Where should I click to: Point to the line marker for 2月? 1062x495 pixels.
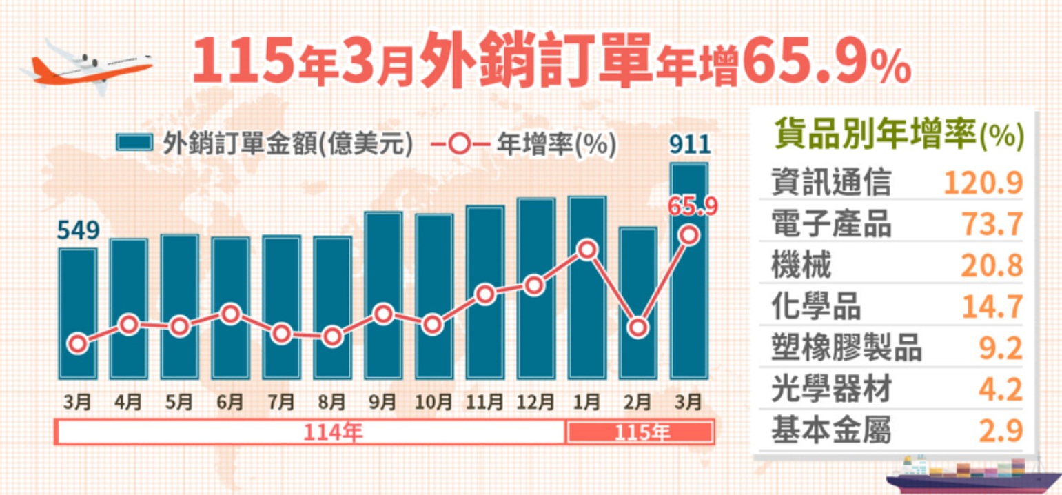pyautogui.click(x=638, y=327)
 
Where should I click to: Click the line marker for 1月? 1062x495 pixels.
pyautogui.click(x=587, y=250)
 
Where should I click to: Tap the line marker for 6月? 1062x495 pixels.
pyautogui.click(x=231, y=314)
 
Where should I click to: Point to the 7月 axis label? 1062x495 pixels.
pyautogui.click(x=281, y=401)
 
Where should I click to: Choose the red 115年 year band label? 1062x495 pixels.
pyautogui.click(x=640, y=433)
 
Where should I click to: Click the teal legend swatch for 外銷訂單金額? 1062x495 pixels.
pyautogui.click(x=134, y=143)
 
